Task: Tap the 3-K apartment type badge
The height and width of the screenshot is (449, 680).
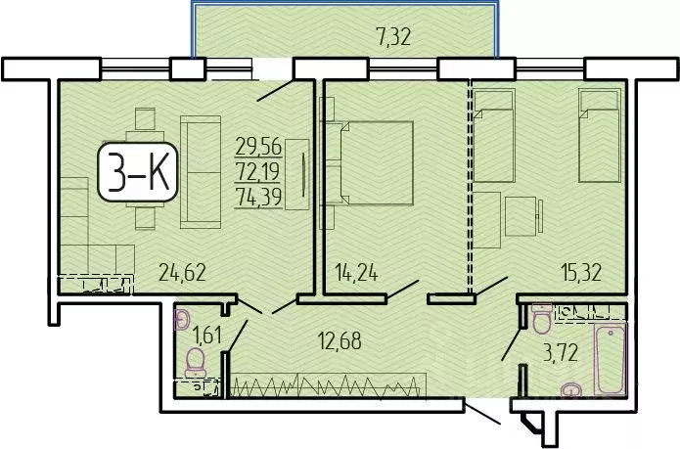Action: point(138,177)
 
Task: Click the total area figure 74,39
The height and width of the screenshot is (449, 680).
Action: point(258,192)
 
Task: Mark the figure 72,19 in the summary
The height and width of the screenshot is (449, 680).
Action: point(258,169)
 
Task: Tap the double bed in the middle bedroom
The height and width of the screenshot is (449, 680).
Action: point(377,163)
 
